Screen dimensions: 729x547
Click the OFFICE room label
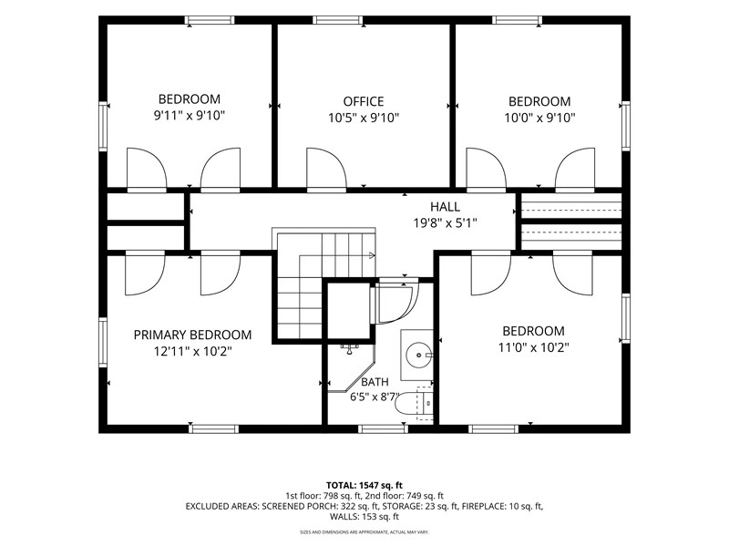pos(364,101)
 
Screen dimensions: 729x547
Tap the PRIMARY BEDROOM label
pos(192,335)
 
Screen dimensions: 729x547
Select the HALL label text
pos(445,207)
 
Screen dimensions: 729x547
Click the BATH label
pos(375,382)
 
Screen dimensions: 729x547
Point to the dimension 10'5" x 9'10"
pos(364,118)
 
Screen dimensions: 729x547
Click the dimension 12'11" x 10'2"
pos(192,351)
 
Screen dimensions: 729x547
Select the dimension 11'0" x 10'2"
pos(533,347)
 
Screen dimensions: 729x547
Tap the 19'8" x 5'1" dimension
pos(445,223)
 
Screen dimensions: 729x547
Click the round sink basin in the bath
pos(418,356)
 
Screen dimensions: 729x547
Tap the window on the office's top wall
pos(337,20)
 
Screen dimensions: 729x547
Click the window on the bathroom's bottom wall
pos(384,428)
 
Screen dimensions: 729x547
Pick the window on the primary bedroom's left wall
pos(103,343)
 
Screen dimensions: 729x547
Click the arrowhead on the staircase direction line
pos(372,255)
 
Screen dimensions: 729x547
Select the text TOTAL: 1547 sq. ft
pos(364,486)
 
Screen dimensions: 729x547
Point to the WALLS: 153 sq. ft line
pos(364,517)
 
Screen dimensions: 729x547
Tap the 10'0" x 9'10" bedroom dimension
pos(539,118)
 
